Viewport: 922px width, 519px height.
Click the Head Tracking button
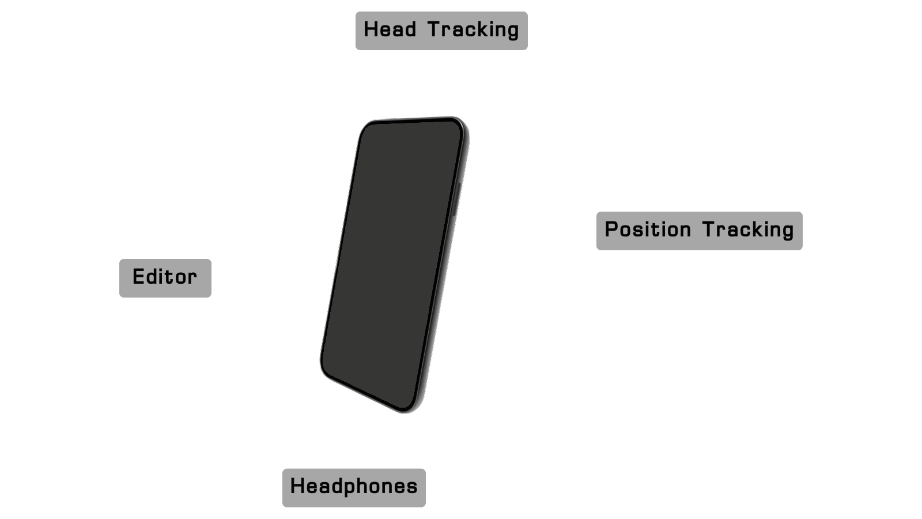pos(441,31)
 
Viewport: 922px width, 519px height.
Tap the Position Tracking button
pos(700,231)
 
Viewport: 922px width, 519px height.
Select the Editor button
pos(165,278)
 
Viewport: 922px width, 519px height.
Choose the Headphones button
pos(354,488)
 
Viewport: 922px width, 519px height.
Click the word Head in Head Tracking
pos(390,29)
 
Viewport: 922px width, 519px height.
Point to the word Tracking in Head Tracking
pos(473,30)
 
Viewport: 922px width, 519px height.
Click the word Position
pos(648,230)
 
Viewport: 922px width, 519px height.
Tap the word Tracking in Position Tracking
pos(749,230)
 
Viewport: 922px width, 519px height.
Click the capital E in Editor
pos(139,276)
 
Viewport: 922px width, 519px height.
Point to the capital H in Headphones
pos(298,486)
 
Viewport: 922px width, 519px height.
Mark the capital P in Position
pos(612,230)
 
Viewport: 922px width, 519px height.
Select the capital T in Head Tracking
pos(435,29)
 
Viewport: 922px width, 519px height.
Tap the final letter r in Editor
pos(192,279)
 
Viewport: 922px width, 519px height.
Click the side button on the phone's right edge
pos(456,200)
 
